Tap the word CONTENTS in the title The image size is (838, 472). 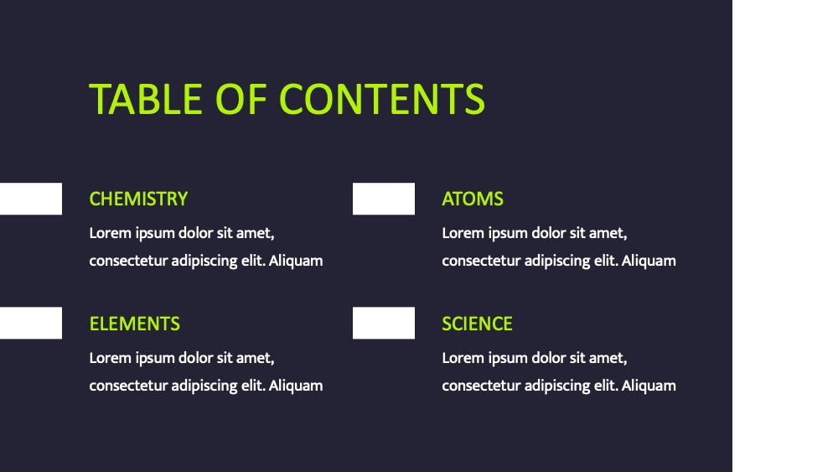click(382, 100)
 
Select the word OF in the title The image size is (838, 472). click(241, 100)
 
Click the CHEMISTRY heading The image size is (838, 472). click(138, 199)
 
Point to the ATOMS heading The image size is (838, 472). click(473, 199)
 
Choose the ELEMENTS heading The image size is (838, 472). click(135, 324)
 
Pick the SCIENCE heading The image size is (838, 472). click(478, 324)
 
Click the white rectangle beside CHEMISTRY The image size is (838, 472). click(31, 199)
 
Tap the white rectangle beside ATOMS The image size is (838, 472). click(384, 199)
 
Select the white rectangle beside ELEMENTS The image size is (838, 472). click(31, 323)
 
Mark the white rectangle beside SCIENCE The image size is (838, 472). click(384, 323)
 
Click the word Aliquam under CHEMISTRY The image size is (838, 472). click(296, 261)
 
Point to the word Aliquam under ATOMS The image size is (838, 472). click(649, 261)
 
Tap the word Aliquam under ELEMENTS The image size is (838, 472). click(296, 386)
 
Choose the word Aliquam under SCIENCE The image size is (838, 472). click(649, 386)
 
